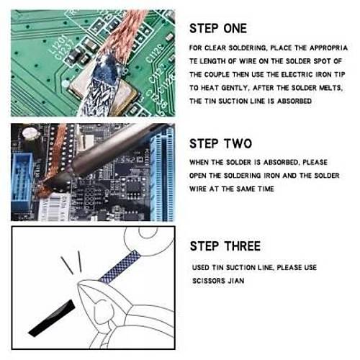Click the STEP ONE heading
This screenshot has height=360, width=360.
coord(218,29)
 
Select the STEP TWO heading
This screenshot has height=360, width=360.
coord(220,143)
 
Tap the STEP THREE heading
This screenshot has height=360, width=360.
coord(225,246)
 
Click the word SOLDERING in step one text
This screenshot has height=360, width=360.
coord(248,48)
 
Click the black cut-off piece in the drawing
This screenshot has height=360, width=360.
coord(52,318)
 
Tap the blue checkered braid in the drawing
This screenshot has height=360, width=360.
coord(120,266)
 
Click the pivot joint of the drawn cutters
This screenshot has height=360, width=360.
coord(103,310)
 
